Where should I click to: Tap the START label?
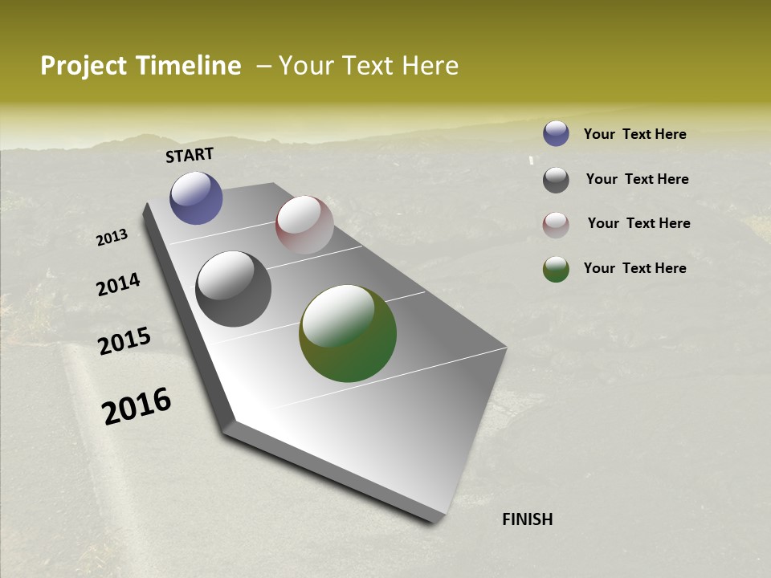pyautogui.click(x=190, y=155)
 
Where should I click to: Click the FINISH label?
pyautogui.click(x=528, y=519)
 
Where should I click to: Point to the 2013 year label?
pyautogui.click(x=112, y=238)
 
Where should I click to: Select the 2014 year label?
pyautogui.click(x=118, y=284)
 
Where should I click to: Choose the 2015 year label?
pyautogui.click(x=124, y=341)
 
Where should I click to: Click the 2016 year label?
pyautogui.click(x=137, y=405)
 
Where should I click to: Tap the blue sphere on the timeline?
pyautogui.click(x=196, y=197)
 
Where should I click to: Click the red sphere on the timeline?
pyautogui.click(x=304, y=225)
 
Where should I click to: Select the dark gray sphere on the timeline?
pyautogui.click(x=234, y=289)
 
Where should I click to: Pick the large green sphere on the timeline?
pyautogui.click(x=348, y=333)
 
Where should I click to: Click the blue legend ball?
pyautogui.click(x=556, y=133)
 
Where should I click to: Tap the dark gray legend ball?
pyautogui.click(x=556, y=180)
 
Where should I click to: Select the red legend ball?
pyautogui.click(x=556, y=225)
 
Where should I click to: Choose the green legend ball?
pyautogui.click(x=556, y=269)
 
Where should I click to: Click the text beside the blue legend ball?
pyautogui.click(x=634, y=134)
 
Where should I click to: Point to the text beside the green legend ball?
pyautogui.click(x=634, y=268)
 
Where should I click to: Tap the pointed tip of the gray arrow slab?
pyautogui.click(x=437, y=518)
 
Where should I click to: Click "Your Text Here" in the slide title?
pyautogui.click(x=369, y=66)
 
